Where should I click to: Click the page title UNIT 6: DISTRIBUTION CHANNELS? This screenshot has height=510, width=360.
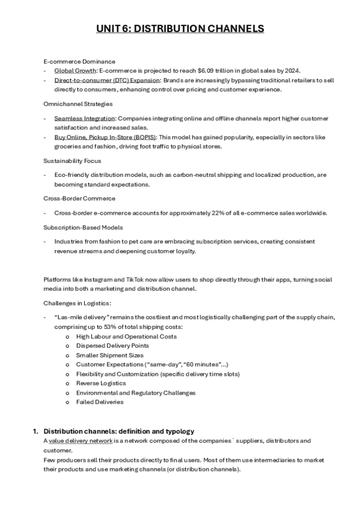coord(180,29)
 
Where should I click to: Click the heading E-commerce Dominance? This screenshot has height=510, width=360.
coord(79,61)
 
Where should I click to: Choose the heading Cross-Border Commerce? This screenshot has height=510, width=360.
coord(79,198)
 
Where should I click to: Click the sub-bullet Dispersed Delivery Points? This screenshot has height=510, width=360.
coord(112,346)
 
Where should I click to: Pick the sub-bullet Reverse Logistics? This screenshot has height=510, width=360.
coord(101,383)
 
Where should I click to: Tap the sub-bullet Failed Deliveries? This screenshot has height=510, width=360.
coord(100,402)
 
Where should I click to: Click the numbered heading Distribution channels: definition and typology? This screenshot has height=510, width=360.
coord(119,431)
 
